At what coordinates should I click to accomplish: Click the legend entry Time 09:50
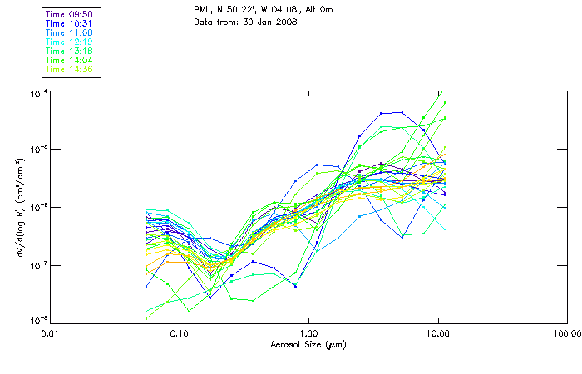tap(69, 14)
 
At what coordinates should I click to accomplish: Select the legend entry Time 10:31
tap(69, 23)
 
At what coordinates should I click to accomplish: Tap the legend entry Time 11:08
tap(69, 32)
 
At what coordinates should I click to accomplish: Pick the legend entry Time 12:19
tap(69, 42)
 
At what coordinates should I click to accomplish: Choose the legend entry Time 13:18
tap(69, 51)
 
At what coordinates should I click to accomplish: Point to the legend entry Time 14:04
tap(69, 60)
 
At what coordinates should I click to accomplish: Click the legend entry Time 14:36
tap(69, 69)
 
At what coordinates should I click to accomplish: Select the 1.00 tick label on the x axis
tap(308, 332)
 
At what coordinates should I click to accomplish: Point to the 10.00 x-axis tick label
tap(437, 332)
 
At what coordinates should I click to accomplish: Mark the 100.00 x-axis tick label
tap(565, 332)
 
